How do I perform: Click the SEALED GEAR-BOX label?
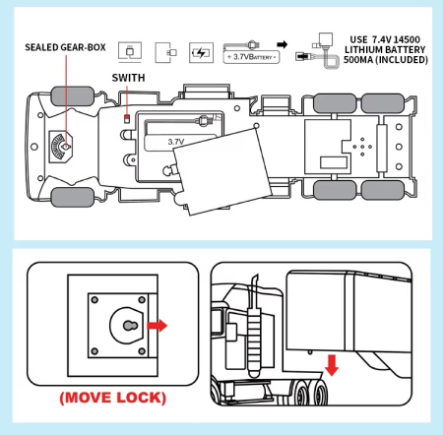65,47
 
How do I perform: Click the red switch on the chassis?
126,118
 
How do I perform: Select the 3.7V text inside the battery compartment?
177,141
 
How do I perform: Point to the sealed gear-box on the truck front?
60,146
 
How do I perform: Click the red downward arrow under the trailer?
333,365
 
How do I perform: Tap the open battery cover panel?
227,173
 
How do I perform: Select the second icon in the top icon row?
164,52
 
